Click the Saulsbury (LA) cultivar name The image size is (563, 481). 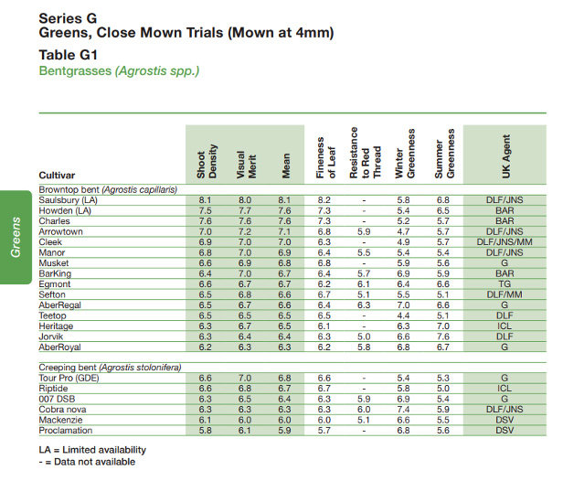(68, 199)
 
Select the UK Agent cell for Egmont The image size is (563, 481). (505, 283)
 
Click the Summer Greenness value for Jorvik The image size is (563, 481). (442, 337)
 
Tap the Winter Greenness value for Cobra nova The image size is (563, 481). (404, 410)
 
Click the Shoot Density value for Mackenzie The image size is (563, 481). (206, 421)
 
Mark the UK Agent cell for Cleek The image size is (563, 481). (505, 241)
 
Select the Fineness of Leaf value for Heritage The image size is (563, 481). (324, 326)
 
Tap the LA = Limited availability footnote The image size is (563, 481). (91, 450)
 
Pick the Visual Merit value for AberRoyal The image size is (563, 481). (245, 347)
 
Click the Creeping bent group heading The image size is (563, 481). (109, 368)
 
